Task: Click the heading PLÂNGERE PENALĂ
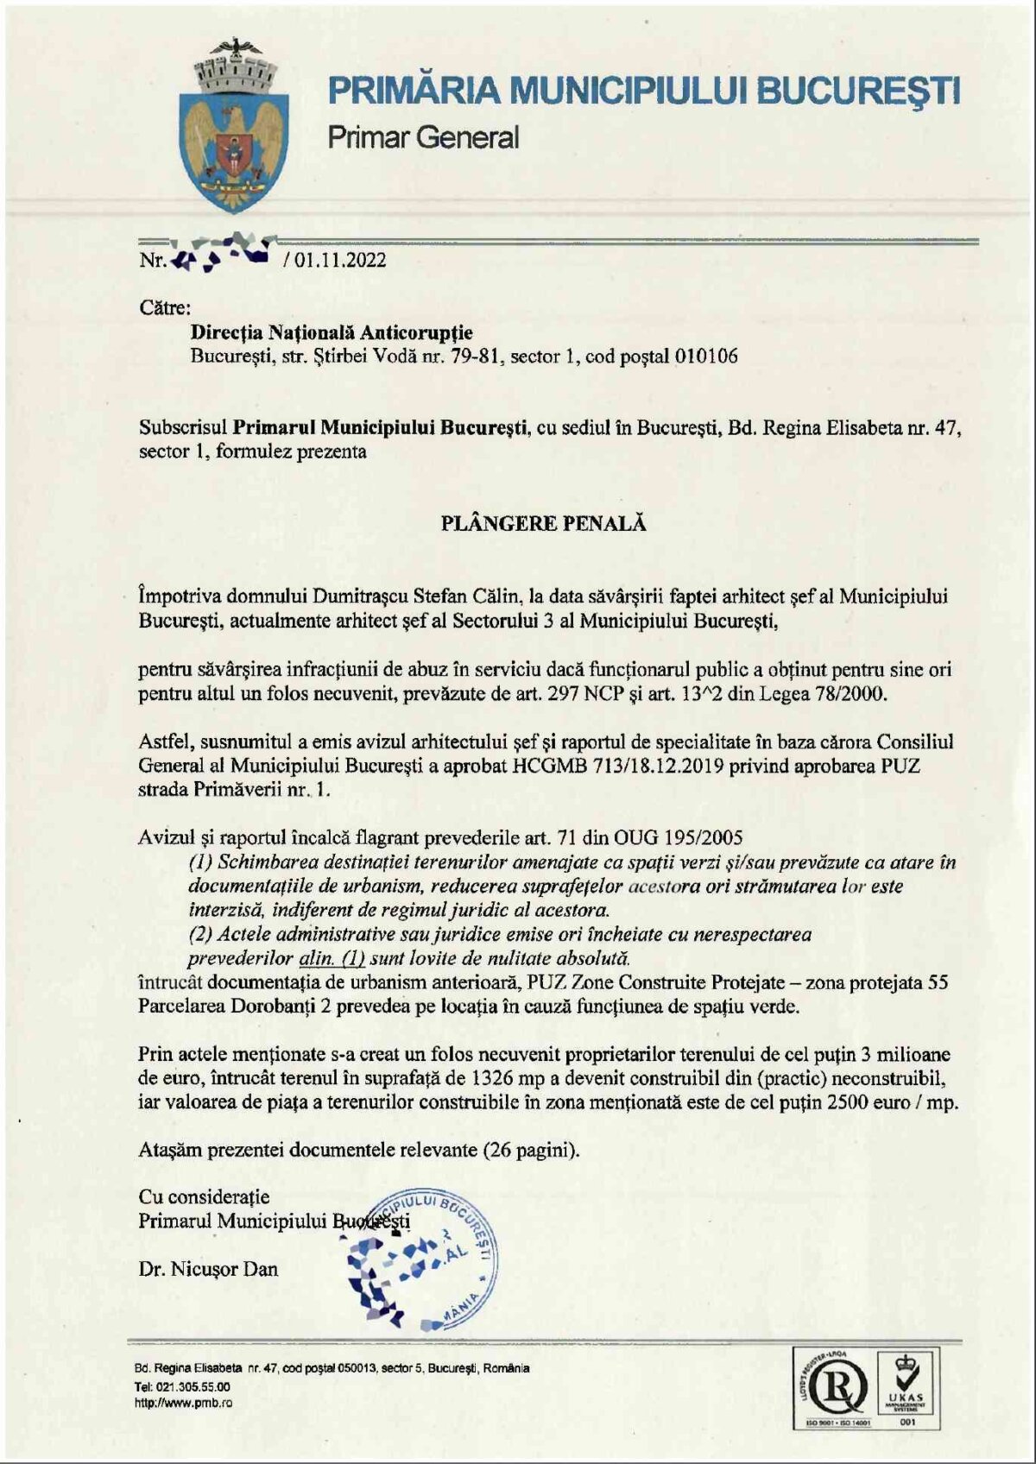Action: click(x=543, y=523)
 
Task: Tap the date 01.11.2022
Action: click(x=339, y=260)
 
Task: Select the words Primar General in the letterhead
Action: click(x=423, y=137)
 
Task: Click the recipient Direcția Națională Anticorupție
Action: click(x=332, y=332)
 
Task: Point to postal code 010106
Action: click(x=705, y=357)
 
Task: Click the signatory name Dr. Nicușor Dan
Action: click(x=208, y=1269)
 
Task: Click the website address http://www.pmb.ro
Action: click(x=183, y=1403)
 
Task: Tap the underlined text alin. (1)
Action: click(x=332, y=957)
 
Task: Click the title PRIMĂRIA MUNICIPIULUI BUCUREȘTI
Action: click(x=643, y=91)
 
